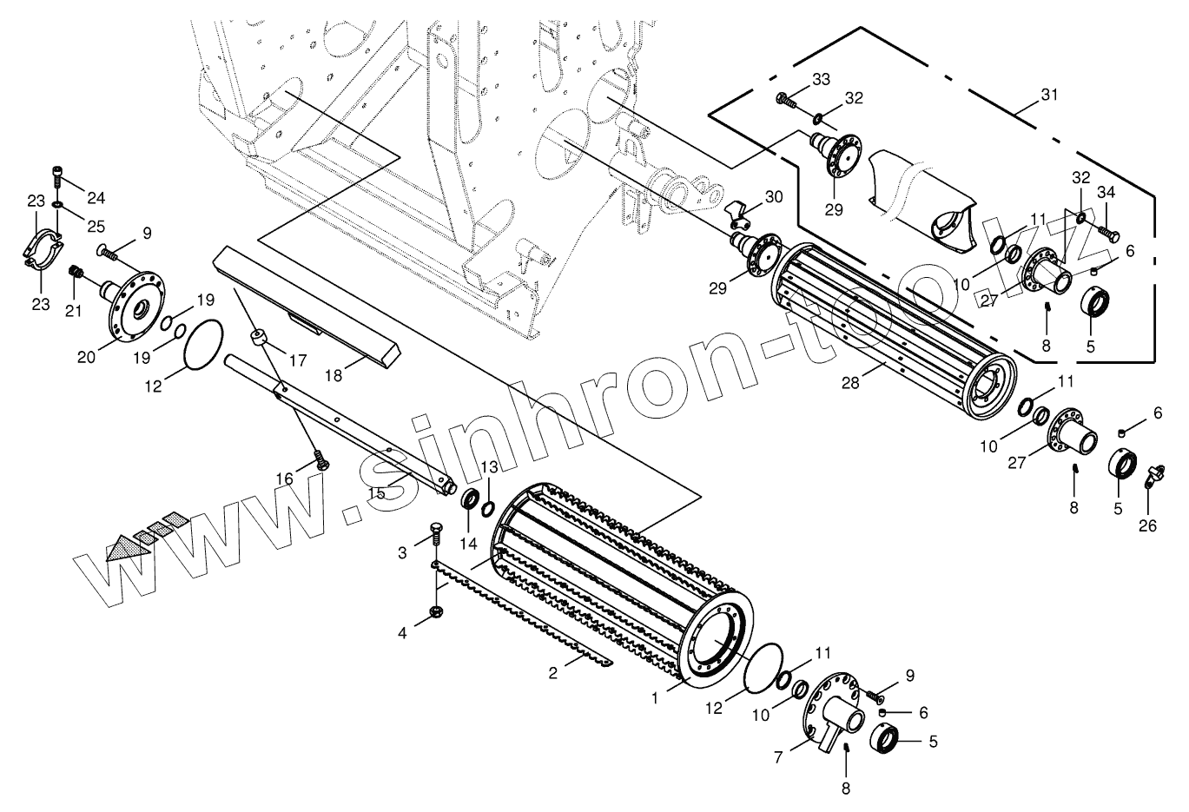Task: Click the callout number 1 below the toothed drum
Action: click(656, 695)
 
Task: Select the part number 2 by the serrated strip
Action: click(553, 673)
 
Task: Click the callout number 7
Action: click(779, 757)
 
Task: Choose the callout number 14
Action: click(469, 544)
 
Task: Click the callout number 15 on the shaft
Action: click(376, 492)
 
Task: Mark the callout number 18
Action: click(334, 375)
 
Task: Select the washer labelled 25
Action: click(56, 205)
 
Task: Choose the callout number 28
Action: click(849, 381)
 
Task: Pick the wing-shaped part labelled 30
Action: click(737, 207)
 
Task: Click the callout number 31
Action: click(1049, 96)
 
